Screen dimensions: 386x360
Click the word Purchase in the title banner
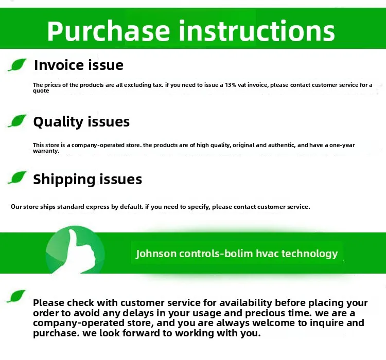109,31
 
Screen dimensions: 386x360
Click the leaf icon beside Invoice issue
17,65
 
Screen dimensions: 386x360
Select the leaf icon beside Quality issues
17,121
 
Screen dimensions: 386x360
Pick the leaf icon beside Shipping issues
17,177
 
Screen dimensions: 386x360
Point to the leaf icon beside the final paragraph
16,296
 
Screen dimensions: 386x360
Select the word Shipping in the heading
64,179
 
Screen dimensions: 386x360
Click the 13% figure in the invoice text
231,85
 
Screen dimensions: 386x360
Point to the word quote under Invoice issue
41,91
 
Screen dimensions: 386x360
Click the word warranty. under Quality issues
46,151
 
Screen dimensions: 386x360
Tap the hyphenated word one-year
342,145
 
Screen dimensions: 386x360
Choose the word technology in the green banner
309,254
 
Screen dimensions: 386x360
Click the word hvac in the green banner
267,254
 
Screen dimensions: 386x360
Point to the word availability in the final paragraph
245,303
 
